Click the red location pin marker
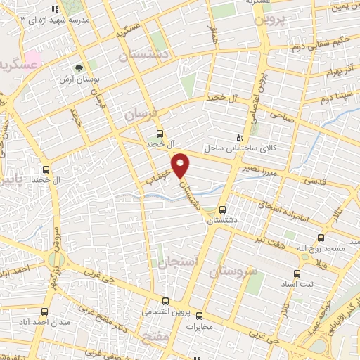pyautogui.click(x=181, y=165)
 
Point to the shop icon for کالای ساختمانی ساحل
pyautogui.click(x=240, y=138)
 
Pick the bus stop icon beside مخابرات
pyautogui.click(x=199, y=316)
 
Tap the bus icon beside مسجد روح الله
pyautogui.click(x=321, y=238)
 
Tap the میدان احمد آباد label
pyautogui.click(x=33, y=323)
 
